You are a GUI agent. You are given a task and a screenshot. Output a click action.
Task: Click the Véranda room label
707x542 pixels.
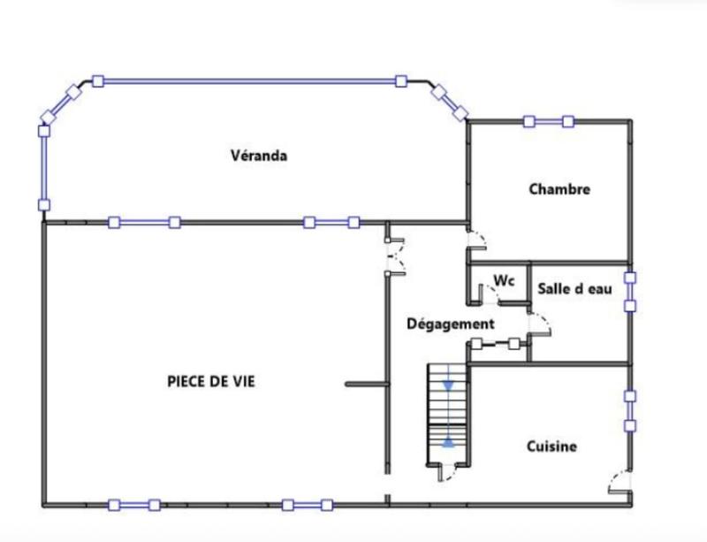(260, 156)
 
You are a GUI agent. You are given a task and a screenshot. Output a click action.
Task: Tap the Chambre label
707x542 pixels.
(559, 188)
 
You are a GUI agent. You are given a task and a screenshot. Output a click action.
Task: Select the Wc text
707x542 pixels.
(504, 280)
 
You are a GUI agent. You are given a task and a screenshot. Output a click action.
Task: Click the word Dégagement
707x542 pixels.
(450, 324)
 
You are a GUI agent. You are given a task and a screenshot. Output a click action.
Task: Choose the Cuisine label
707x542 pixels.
(551, 447)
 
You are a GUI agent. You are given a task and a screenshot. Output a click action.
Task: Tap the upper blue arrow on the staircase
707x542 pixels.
(450, 385)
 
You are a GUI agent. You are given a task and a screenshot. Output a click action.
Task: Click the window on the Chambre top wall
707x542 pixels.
(548, 121)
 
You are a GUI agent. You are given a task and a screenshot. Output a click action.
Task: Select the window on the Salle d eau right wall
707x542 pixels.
(630, 292)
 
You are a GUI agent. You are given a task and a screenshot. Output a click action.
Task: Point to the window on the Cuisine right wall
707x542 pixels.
(630, 411)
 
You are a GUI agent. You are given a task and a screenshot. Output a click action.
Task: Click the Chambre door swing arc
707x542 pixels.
(476, 240)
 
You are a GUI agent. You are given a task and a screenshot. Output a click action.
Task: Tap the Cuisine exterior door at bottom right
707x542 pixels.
(620, 484)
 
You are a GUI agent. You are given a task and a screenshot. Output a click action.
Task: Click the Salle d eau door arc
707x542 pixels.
(540, 324)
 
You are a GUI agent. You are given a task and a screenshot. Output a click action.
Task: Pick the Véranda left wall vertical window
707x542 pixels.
(43, 168)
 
